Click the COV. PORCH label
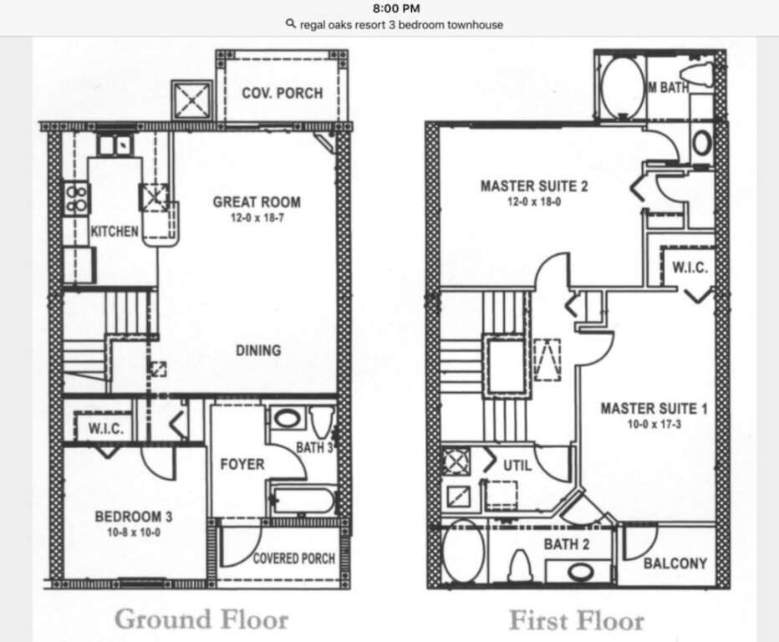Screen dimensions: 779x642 coord(283,93)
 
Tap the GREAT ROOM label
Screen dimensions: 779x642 coord(257,202)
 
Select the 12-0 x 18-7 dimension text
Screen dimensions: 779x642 coord(257,218)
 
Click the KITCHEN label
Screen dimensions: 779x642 coord(115,232)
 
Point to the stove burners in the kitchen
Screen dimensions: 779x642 coord(77,198)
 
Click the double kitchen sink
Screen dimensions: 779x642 coord(115,145)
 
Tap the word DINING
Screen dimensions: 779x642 coord(258,350)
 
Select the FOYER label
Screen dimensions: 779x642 coord(242,465)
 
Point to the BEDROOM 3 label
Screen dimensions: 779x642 coord(134,517)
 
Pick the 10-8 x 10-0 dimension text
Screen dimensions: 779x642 coord(134,532)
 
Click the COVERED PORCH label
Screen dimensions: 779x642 coord(294,558)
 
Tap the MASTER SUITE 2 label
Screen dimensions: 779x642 coord(534,186)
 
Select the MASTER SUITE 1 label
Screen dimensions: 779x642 coord(654,409)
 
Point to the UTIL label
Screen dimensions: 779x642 coord(517,466)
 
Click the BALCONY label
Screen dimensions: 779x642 coord(675,563)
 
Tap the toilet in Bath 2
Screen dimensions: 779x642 coord(520,565)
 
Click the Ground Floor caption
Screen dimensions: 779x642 coord(201,619)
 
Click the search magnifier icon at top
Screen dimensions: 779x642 coord(291,24)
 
